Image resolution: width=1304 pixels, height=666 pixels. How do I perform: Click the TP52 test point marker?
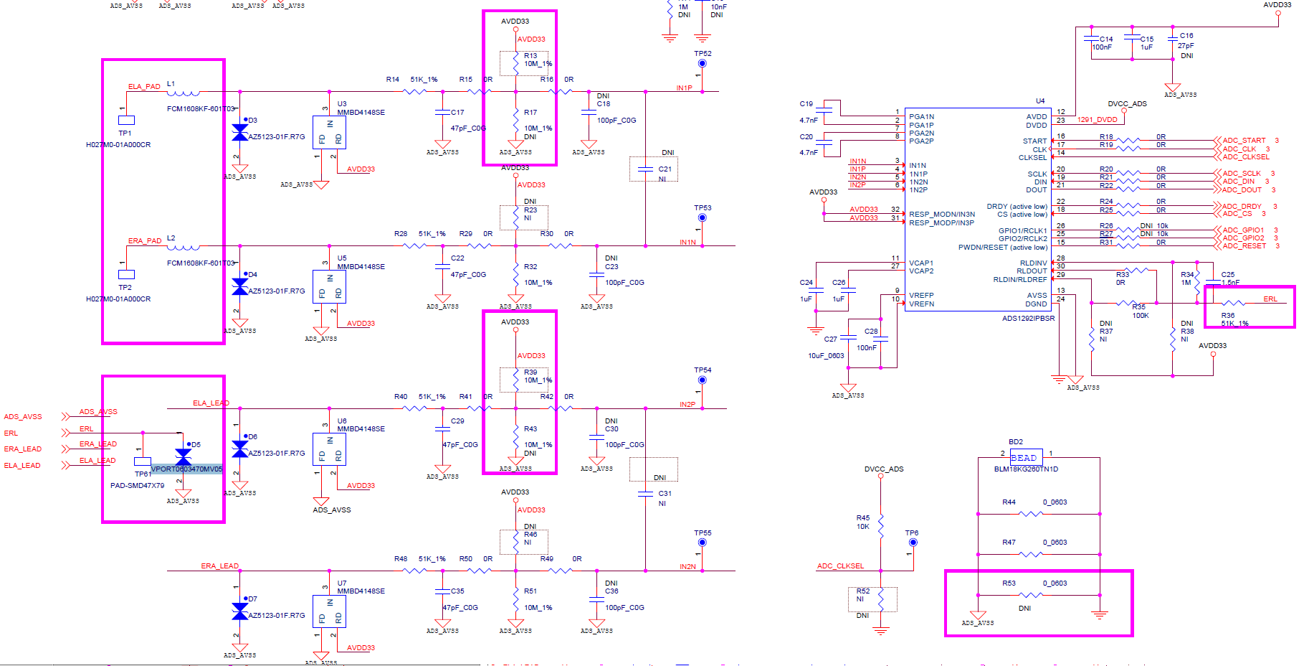(702, 64)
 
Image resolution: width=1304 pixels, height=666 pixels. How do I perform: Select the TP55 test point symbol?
(702, 543)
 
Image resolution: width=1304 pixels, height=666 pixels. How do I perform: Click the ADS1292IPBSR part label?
(1028, 318)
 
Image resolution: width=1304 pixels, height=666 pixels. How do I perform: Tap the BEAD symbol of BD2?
(1025, 457)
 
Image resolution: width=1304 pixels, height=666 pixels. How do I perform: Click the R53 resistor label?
(1009, 583)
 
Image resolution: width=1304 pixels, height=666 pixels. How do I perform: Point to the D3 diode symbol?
(240, 133)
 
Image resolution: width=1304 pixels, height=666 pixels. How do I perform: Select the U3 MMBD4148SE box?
(329, 133)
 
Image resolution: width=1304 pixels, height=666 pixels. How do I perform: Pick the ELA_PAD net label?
(144, 86)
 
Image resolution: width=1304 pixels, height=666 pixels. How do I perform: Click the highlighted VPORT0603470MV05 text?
(186, 469)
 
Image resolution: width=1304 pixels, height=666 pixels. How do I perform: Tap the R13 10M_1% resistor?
(516, 63)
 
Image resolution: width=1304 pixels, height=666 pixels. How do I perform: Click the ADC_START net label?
(1244, 141)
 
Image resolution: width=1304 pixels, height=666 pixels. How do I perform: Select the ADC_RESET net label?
(1244, 246)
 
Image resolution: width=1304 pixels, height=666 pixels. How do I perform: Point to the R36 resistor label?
(1228, 315)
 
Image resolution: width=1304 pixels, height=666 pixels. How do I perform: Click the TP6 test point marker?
(913, 543)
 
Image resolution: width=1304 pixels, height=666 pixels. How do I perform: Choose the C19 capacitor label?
(806, 103)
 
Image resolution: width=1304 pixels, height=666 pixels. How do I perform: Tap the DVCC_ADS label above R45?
(883, 469)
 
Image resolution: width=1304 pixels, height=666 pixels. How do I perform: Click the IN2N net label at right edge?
(687, 566)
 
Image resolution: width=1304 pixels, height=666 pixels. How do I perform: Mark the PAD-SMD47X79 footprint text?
(137, 485)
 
